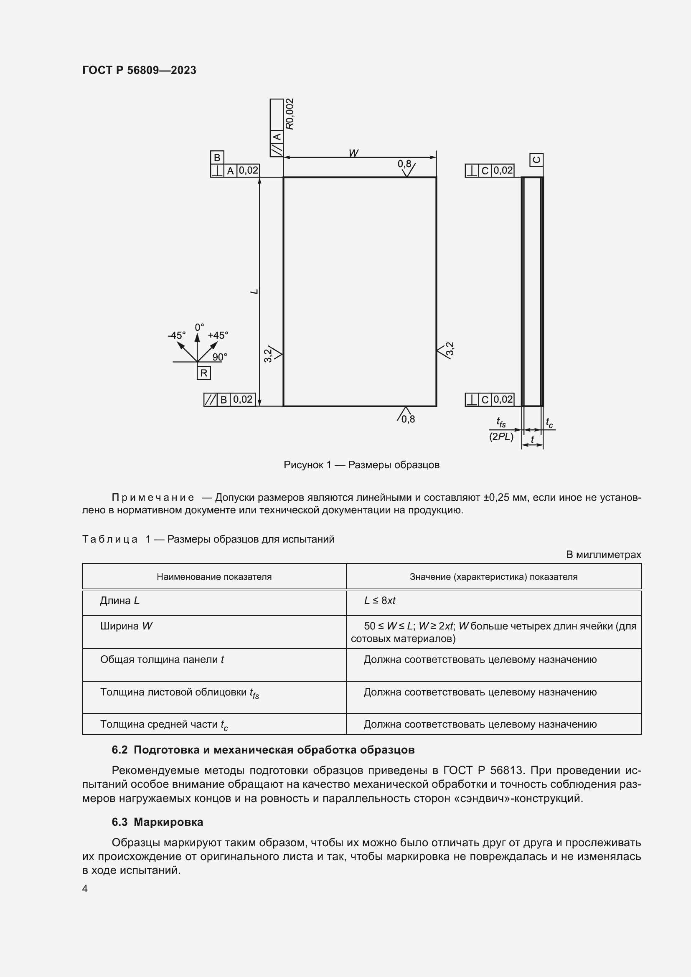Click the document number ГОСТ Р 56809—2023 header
point(139,70)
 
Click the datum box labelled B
point(216,158)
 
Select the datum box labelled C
point(536,160)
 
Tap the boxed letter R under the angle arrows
point(204,373)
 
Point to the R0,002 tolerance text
point(290,114)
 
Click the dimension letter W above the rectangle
point(353,153)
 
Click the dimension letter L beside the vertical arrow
point(254,292)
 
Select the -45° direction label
point(176,335)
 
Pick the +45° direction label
point(218,335)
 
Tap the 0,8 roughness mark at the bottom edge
point(408,419)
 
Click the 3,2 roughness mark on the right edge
point(450,348)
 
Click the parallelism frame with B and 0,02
point(229,400)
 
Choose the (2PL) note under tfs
point(501,436)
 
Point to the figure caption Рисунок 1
point(361,464)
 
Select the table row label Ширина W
point(126,626)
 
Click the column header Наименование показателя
point(214,576)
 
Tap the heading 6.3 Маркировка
point(158,822)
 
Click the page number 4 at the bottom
point(85,888)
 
